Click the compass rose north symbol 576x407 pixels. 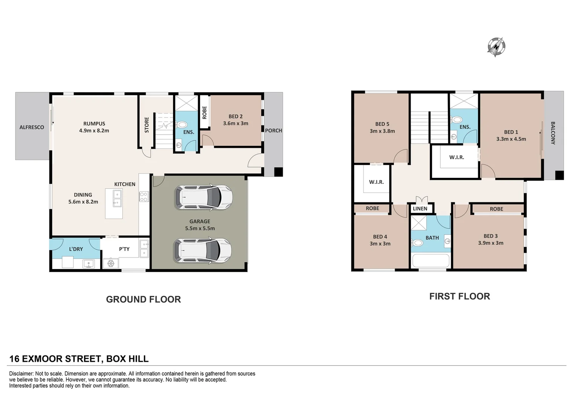tap(496, 47)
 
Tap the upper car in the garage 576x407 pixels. tap(204, 197)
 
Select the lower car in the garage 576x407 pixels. tap(202, 250)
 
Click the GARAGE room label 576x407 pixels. tap(200, 222)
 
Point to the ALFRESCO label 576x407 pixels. tap(32, 127)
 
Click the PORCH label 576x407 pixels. tap(273, 131)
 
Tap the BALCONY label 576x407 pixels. tap(553, 133)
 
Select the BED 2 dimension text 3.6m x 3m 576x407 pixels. tap(236, 124)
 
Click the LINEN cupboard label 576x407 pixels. tap(420, 209)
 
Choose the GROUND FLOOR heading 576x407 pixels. tap(143, 299)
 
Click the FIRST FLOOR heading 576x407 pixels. tap(460, 296)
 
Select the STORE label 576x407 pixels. tap(147, 125)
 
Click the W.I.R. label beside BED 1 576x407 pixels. tap(457, 157)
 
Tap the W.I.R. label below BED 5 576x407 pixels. tap(376, 182)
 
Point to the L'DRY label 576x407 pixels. tap(76, 249)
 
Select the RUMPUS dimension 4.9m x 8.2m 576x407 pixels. tap(94, 131)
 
